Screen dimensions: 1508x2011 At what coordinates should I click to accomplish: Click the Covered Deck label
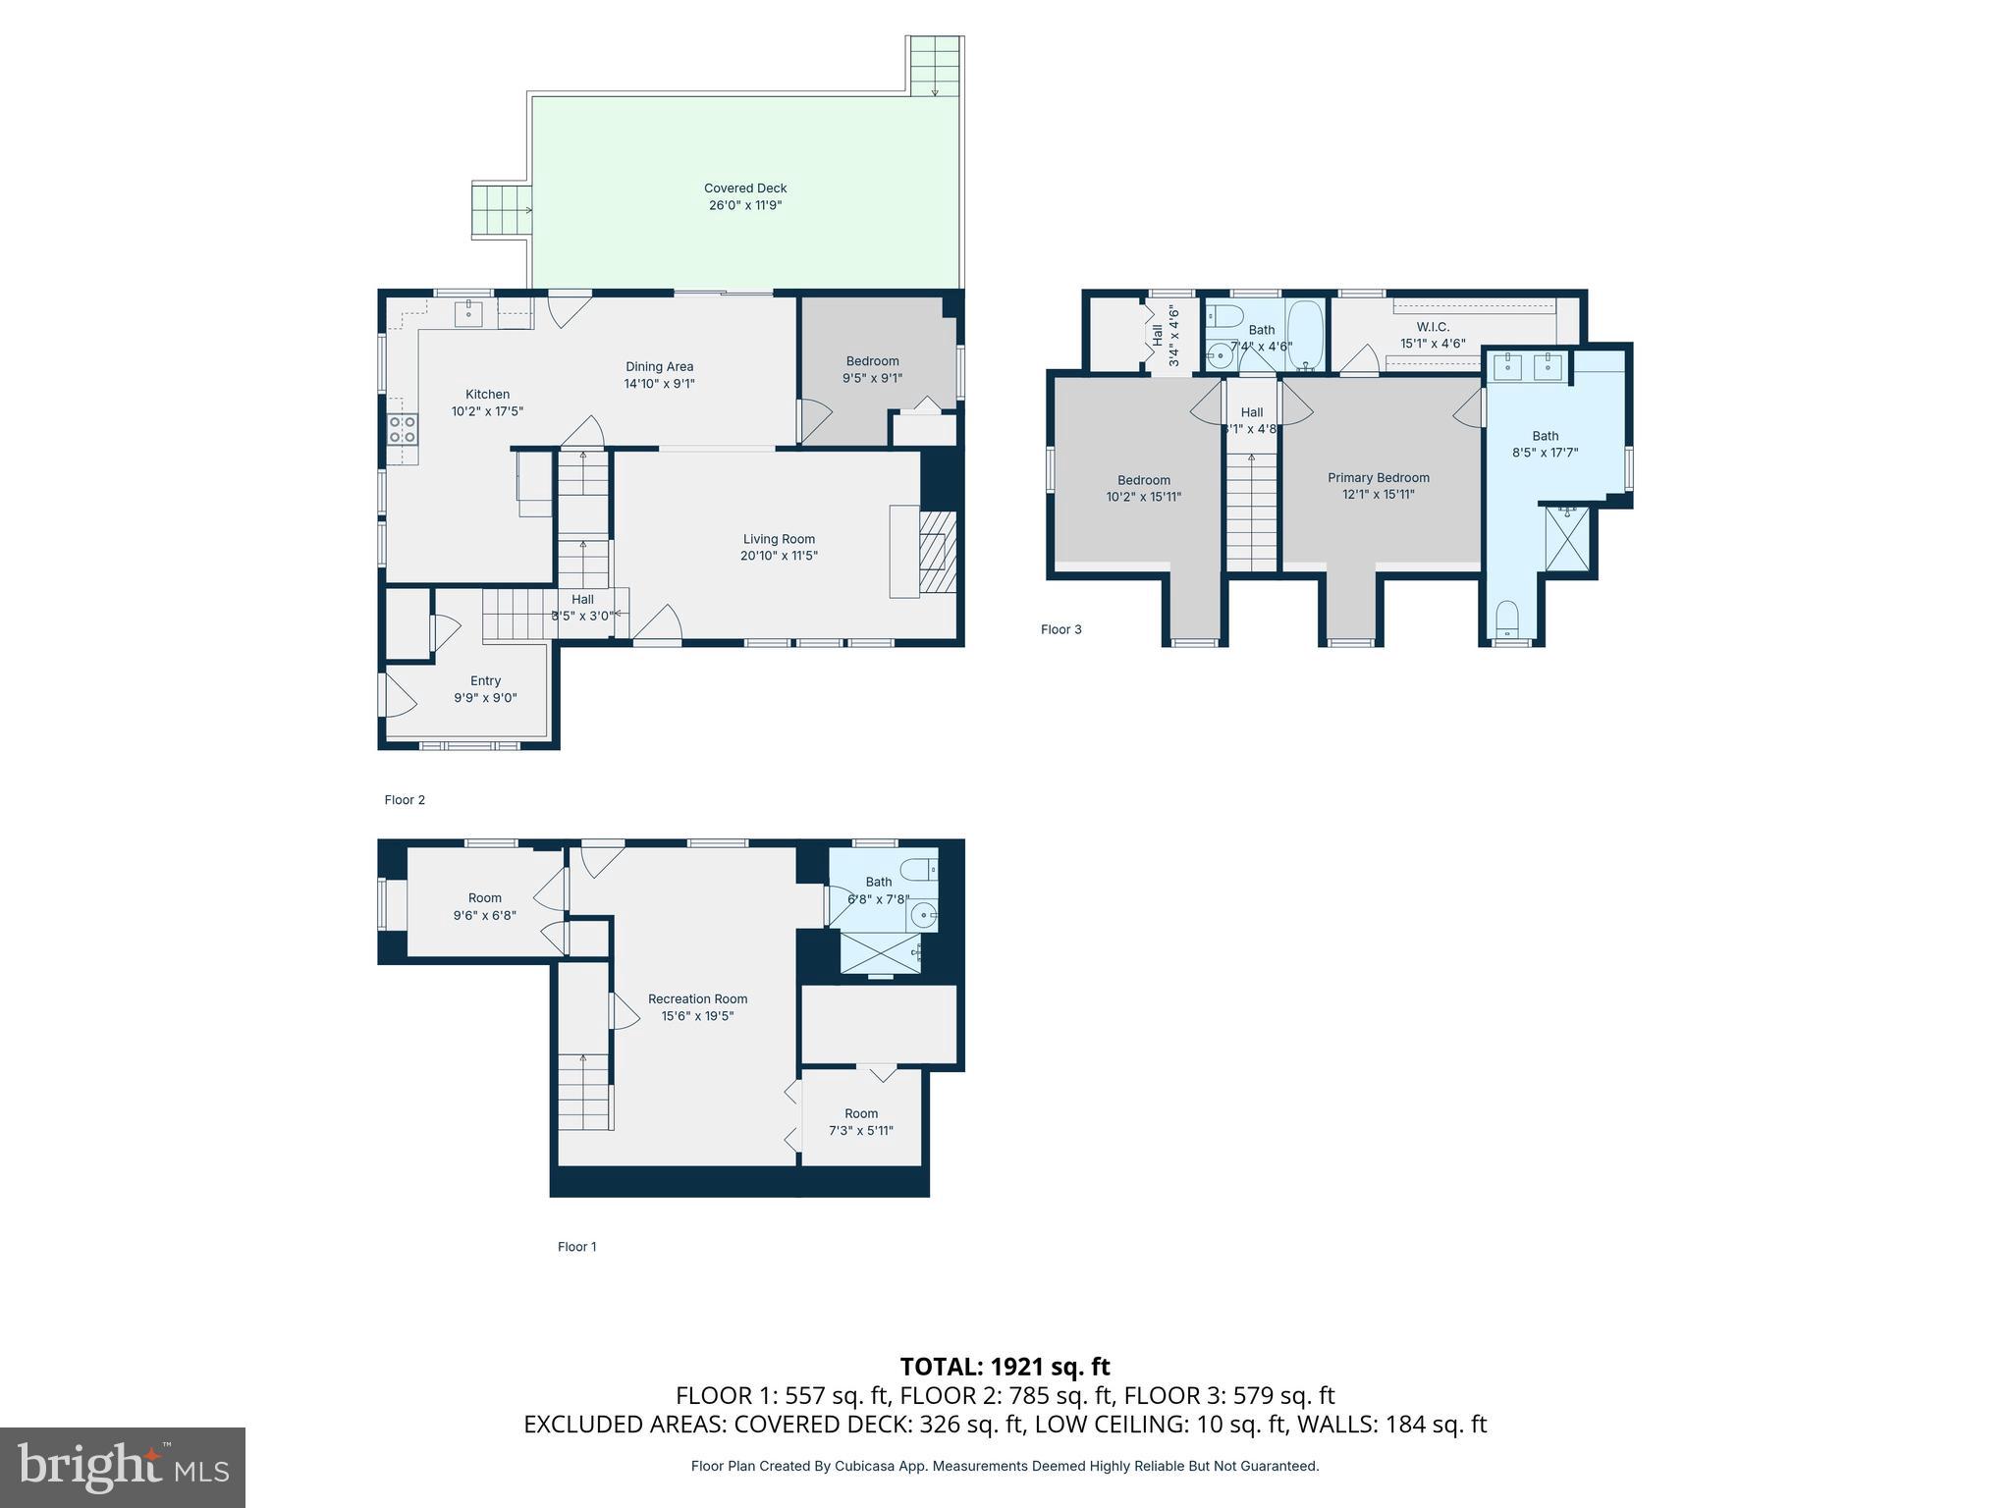tap(744, 188)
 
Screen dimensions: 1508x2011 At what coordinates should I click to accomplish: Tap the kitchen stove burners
tap(403, 429)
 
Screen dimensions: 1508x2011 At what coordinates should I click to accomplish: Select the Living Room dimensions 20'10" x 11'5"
tap(779, 556)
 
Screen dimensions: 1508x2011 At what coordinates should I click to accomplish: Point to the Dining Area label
tap(659, 367)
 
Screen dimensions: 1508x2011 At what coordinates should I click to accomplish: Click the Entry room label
tap(485, 681)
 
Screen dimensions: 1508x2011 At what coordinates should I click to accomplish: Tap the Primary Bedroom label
tap(1378, 478)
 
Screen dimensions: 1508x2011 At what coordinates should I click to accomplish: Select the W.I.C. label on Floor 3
tap(1433, 327)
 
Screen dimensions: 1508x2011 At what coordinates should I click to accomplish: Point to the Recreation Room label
tap(697, 999)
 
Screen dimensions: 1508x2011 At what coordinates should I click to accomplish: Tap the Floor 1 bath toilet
tap(921, 869)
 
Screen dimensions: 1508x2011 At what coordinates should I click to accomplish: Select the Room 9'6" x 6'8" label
tap(484, 898)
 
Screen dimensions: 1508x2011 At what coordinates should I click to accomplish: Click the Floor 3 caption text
tap(1060, 629)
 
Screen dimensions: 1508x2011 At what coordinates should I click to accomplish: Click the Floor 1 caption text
tap(576, 1247)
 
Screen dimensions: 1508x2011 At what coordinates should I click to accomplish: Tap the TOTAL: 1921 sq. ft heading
tap(1005, 1367)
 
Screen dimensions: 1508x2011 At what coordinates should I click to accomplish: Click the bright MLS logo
tap(122, 1467)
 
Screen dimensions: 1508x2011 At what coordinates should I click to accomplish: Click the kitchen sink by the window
tap(468, 314)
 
